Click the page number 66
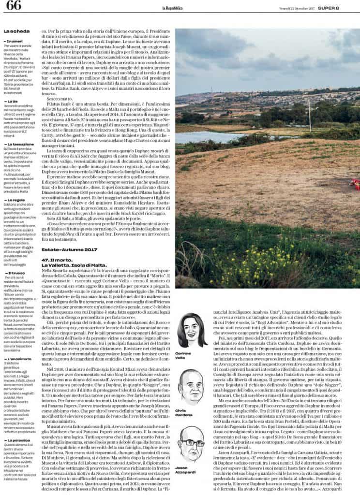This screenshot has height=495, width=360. click(x=14, y=6)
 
